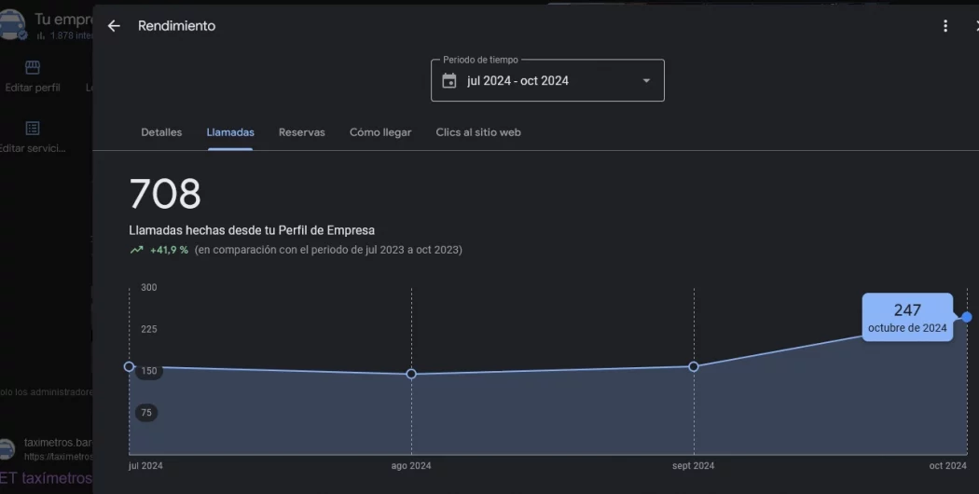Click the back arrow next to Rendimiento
point(114,26)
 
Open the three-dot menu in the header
point(945,26)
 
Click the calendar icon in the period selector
point(449,81)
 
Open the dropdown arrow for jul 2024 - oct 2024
point(646,81)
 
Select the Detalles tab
point(161,132)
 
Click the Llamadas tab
point(230,132)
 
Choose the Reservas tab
point(302,132)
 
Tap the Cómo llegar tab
point(380,132)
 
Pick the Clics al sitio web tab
point(478,132)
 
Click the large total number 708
point(165,194)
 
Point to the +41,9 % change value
point(169,250)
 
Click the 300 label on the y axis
point(149,288)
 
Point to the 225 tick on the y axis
point(149,329)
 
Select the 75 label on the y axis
point(146,412)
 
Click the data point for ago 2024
point(411,374)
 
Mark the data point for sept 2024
point(694,366)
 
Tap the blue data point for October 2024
point(967,317)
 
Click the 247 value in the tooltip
point(907,310)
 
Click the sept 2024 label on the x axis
point(694,465)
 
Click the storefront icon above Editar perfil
point(33,67)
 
